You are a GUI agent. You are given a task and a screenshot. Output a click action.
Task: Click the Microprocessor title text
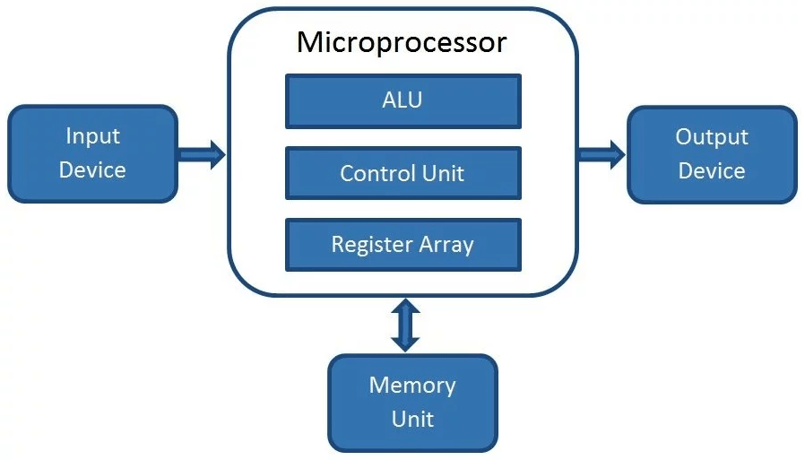point(402,42)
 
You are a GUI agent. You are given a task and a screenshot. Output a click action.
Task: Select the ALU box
point(402,101)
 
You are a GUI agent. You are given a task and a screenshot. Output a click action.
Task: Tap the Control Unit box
point(402,173)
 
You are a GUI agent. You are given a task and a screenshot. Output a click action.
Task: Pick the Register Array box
point(402,245)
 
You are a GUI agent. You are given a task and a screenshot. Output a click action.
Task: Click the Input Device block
point(92,153)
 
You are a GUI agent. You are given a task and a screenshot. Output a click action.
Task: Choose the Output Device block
point(711,154)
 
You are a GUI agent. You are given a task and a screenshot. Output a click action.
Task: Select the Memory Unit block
point(412,402)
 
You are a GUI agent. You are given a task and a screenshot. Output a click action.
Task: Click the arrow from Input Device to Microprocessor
point(202,153)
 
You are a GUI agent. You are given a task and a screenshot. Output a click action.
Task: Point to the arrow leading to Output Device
point(601,153)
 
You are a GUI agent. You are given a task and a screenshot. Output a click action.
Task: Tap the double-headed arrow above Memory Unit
point(405,325)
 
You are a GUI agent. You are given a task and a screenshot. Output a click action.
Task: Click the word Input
point(92,136)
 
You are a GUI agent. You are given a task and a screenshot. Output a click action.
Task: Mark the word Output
point(711,137)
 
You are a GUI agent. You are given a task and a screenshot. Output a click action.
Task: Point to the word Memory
point(412,386)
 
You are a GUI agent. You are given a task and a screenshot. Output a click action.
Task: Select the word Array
point(445,245)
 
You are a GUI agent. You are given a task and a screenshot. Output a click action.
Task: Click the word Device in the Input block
point(92,170)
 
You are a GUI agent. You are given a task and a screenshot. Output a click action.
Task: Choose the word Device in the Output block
point(711,171)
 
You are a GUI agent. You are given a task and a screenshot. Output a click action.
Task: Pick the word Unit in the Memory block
point(412,419)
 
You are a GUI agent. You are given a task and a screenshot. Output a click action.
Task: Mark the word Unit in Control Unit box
point(444,173)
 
